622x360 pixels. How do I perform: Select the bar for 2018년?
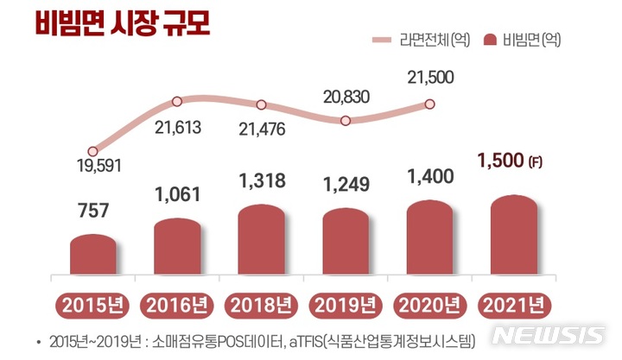[261, 242]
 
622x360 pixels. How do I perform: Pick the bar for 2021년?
[513, 237]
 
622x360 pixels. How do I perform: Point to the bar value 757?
[92, 209]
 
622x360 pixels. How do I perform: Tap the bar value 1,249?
[346, 184]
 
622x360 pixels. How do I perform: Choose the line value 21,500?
[429, 79]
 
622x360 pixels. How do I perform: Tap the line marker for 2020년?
[428, 104]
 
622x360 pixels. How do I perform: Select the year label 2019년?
[345, 306]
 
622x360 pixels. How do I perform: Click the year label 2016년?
[176, 306]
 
